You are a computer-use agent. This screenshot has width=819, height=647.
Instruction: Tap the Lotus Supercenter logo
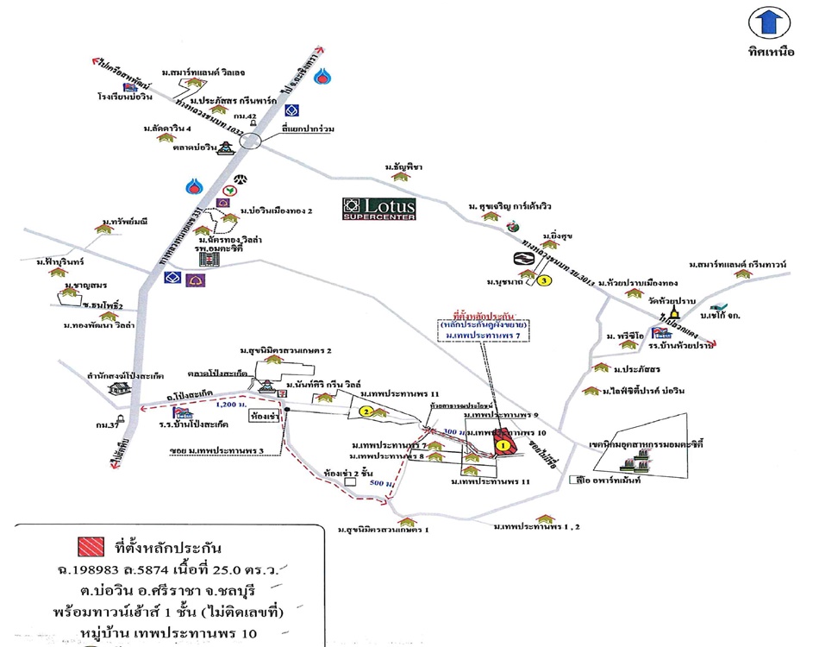[x=378, y=208]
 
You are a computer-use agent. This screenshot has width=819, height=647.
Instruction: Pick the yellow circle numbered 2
[x=366, y=412]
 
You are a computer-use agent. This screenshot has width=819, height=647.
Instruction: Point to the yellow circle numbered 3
[x=544, y=280]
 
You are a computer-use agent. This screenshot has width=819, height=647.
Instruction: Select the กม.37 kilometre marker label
[x=108, y=424]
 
